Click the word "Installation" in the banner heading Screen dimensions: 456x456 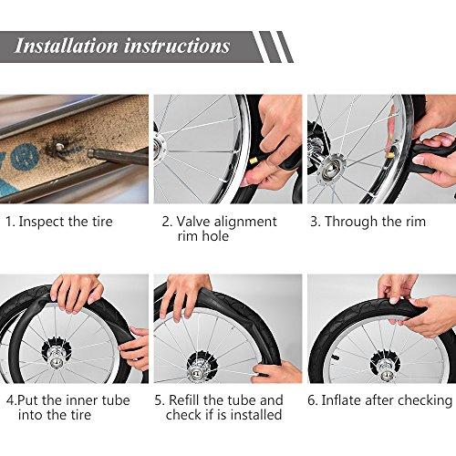tap(66, 46)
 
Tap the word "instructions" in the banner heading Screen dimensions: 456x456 tap(177, 46)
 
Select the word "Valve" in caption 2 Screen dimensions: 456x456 tap(193, 222)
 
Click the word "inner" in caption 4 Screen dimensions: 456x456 tap(82, 400)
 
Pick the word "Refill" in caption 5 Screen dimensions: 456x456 tap(184, 400)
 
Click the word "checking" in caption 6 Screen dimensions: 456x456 tap(425, 400)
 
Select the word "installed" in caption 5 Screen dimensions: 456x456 tap(256, 415)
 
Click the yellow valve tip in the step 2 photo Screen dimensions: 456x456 tap(253, 161)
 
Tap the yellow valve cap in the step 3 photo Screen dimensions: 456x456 tap(389, 154)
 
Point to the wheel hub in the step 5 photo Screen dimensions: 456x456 tap(202, 367)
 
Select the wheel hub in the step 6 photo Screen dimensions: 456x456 tap(386, 368)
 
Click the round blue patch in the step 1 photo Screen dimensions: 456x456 tap(25, 157)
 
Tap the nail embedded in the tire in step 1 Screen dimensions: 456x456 tap(59, 147)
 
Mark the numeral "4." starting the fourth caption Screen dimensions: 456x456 tap(11, 400)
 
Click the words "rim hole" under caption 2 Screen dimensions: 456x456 tap(203, 236)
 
